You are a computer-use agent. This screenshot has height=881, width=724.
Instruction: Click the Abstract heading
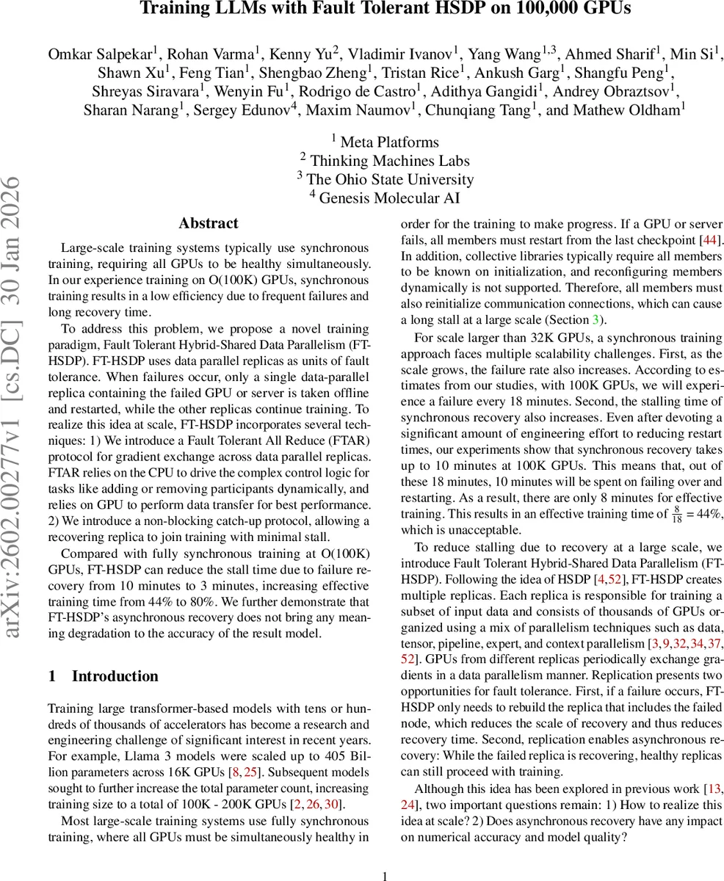tap(209, 224)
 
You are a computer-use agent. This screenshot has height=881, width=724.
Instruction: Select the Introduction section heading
tap(115, 676)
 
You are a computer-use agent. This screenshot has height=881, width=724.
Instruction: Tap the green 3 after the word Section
tap(596, 319)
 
